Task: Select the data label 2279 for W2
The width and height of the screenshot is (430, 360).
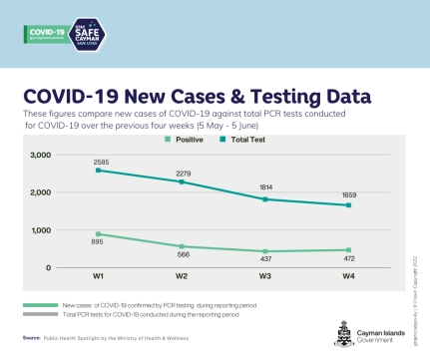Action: [183, 172]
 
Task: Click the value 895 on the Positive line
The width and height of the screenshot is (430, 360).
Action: [99, 244]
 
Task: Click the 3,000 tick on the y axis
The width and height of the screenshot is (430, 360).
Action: [41, 156]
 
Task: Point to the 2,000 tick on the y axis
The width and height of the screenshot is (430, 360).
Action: [41, 192]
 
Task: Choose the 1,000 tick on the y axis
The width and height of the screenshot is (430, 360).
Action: [41, 230]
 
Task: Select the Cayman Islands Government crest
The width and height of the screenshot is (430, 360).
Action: [338, 333]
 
